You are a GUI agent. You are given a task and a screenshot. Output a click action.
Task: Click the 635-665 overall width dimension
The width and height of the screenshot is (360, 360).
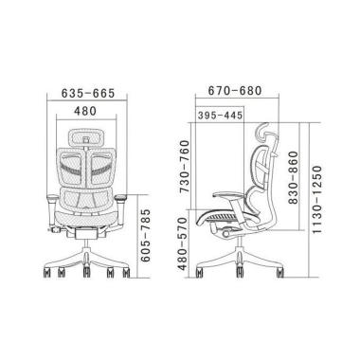87,93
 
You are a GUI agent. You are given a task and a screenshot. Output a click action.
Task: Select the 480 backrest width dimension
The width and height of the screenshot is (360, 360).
85,111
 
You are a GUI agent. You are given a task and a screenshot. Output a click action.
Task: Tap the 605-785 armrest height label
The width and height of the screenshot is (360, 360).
146,235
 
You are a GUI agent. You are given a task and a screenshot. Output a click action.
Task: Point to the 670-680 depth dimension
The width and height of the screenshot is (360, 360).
235,91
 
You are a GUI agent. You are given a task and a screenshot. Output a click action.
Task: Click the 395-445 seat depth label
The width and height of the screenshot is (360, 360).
220,116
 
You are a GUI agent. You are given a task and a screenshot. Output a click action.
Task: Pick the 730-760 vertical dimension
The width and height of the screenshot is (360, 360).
184,167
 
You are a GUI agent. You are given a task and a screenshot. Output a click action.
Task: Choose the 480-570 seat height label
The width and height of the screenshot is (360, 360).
183,243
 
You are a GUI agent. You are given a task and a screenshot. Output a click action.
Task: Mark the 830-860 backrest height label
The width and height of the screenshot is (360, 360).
293,177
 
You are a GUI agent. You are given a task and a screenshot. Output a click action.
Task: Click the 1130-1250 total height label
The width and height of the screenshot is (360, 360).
316,199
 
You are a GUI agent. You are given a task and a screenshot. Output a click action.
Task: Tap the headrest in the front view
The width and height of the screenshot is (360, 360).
87,137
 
